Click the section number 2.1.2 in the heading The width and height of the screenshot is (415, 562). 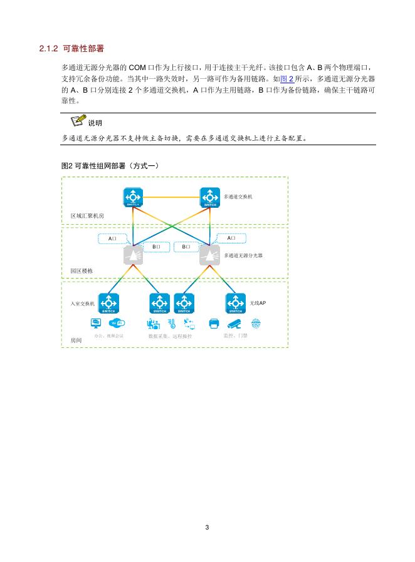tap(48, 48)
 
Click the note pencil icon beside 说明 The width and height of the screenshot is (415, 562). tap(78, 120)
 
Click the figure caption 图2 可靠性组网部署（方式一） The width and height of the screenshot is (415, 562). tap(110, 165)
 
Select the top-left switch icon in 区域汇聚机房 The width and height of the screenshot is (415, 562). tap(134, 197)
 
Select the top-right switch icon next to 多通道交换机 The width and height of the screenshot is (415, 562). tap(210, 197)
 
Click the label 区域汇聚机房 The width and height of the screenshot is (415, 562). tap(87, 215)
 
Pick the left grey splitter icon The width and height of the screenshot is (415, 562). tap(134, 255)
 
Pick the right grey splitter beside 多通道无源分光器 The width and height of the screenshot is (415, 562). tap(209, 255)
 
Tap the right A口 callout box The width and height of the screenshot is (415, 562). tap(231, 238)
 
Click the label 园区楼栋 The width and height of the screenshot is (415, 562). tap(81, 271)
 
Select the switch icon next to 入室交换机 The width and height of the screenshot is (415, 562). tap(108, 303)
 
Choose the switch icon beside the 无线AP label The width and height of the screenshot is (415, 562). tap(235, 303)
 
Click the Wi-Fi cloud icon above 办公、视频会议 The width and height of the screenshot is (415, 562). tap(117, 324)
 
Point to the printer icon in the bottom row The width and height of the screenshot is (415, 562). tap(214, 324)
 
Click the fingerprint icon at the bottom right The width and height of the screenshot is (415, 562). tap(256, 324)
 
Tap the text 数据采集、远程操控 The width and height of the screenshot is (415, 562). tap(170, 336)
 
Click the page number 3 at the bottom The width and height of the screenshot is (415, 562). tap(208, 527)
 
